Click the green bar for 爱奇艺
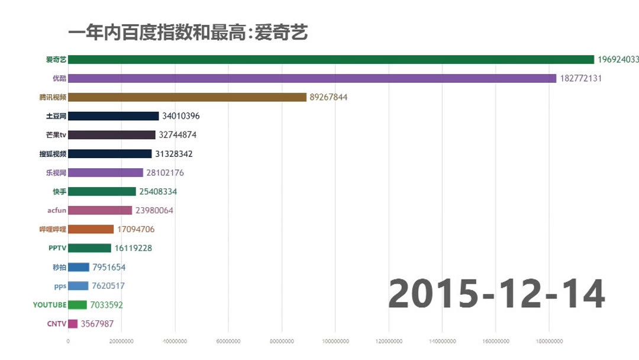point(331,59)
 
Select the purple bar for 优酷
point(312,78)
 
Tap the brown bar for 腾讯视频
point(187,97)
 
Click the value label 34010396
point(180,116)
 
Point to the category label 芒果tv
point(56,135)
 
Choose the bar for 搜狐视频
point(110,154)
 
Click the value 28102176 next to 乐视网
point(165,173)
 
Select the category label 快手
point(59,192)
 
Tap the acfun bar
point(100,210)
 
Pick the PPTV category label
point(57,248)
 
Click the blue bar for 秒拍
point(79,267)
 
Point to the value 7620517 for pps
point(108,286)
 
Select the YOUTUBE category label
point(50,305)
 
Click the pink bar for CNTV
point(73,324)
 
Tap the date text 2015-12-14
point(496,294)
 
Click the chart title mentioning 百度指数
point(188,32)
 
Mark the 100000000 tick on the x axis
point(335,340)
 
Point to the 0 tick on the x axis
point(68,340)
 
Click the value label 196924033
point(618,60)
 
